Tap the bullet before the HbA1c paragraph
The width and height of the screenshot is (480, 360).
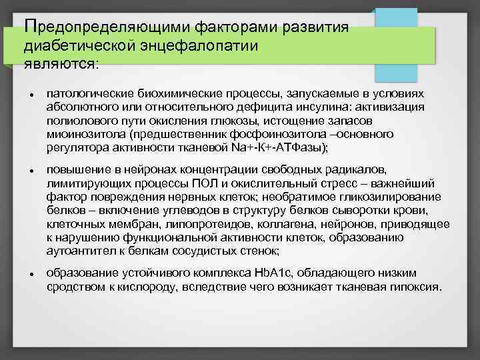[x=32, y=274]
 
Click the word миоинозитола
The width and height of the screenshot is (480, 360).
[x=81, y=133]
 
